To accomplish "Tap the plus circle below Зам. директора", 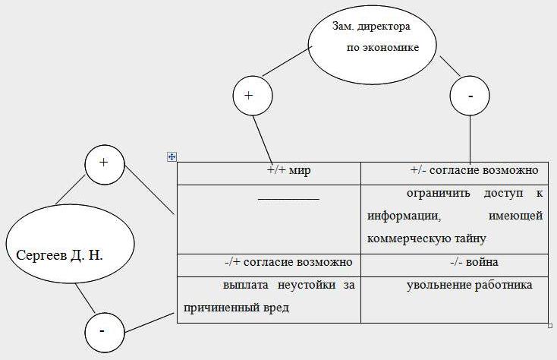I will pos(252,96).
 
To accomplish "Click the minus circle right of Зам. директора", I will pos(470,96).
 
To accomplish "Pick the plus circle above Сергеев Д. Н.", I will pos(104,163).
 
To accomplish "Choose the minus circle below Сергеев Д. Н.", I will pos(102,332).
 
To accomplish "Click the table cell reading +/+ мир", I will pos(289,171).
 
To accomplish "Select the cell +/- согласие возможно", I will pos(474,170).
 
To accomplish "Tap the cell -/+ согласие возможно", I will pos(288,263).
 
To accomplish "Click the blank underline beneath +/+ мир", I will pos(288,199).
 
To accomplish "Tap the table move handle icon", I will pos(172,156).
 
